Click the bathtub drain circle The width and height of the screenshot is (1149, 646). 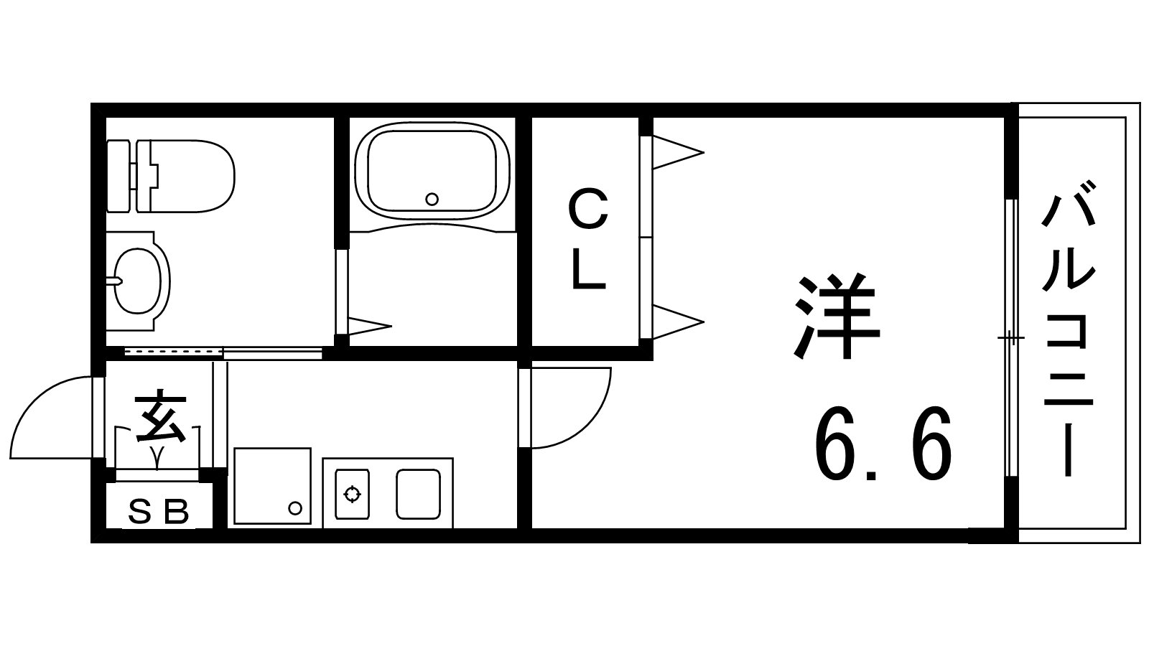(x=432, y=199)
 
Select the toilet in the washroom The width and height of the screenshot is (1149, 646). (x=170, y=176)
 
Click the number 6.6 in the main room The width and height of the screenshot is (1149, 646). (x=883, y=444)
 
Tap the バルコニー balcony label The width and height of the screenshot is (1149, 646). (x=1069, y=329)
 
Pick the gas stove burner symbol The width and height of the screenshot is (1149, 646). (x=353, y=495)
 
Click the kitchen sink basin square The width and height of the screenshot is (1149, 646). (x=418, y=494)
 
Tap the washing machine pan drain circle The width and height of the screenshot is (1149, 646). (x=295, y=509)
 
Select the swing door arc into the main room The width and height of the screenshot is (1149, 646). (x=571, y=408)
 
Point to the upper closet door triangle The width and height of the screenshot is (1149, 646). (x=678, y=152)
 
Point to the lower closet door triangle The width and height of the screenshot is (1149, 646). (x=678, y=322)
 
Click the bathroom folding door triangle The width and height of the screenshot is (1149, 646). (x=370, y=326)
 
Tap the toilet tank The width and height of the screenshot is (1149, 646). (x=118, y=176)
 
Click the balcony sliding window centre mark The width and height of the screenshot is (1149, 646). (x=1010, y=338)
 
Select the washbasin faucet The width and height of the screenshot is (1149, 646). (x=114, y=281)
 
